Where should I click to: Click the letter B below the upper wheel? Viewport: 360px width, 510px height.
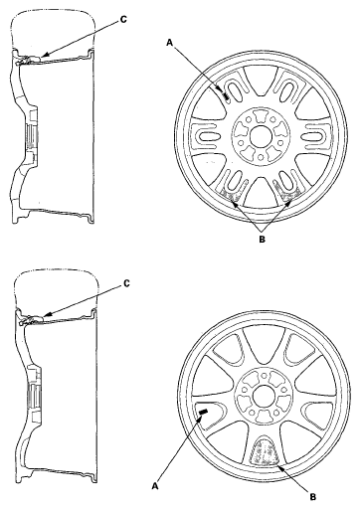(263, 237)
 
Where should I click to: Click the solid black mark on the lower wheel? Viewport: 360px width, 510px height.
(203, 412)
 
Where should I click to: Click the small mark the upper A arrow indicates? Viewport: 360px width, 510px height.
(227, 97)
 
